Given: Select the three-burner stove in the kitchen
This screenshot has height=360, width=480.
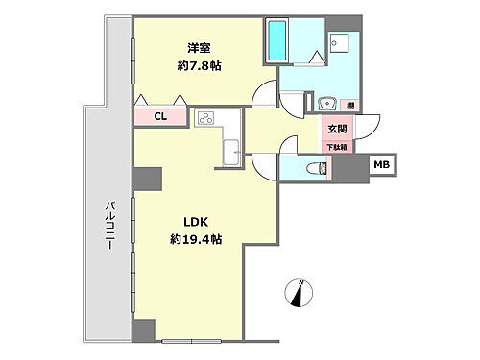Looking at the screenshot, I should coord(206,120).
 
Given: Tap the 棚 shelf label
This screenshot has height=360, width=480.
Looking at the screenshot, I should coord(352,105).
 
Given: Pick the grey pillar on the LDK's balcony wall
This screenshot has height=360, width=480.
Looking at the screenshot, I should coord(146,180).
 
